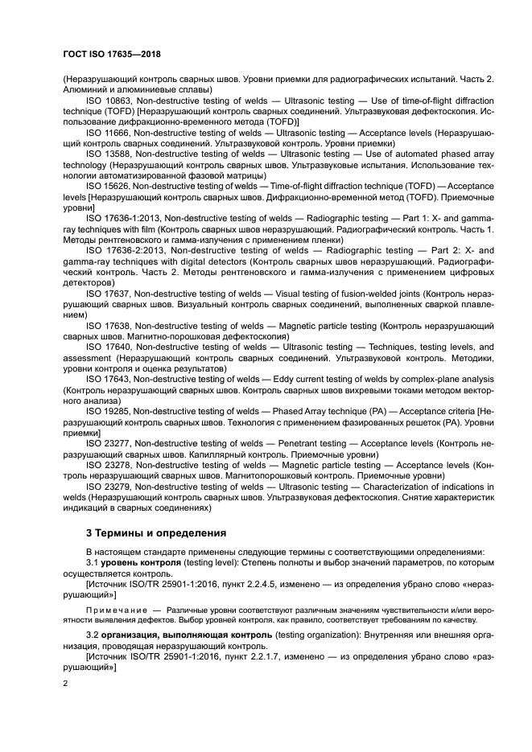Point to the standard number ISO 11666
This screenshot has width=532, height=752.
(x=109, y=130)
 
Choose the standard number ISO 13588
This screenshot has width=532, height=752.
(x=109, y=153)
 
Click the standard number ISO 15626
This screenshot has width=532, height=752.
(x=109, y=185)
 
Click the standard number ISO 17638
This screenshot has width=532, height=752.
(x=109, y=326)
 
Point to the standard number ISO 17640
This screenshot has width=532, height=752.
(x=109, y=347)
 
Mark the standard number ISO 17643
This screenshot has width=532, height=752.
(x=109, y=379)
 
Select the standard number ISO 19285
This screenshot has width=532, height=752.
(x=109, y=410)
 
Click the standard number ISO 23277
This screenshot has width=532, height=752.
(x=109, y=442)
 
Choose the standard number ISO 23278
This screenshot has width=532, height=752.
(x=109, y=465)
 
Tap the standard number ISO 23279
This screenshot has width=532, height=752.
(x=109, y=487)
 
